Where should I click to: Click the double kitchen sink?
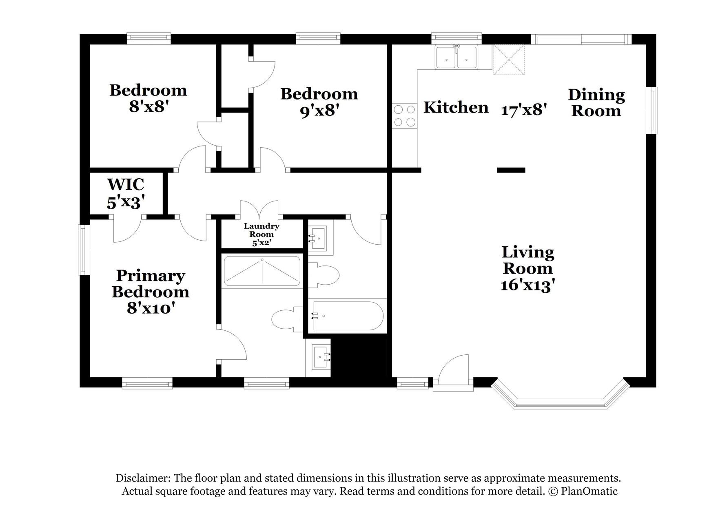[x=457, y=58]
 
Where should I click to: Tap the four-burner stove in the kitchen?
[x=404, y=116]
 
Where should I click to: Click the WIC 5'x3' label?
[x=126, y=193]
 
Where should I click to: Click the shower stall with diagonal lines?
[x=262, y=271]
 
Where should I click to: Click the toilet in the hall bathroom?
[x=324, y=275]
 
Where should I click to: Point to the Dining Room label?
[x=596, y=103]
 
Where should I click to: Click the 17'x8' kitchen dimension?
[x=524, y=110]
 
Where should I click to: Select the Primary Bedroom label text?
[x=151, y=284]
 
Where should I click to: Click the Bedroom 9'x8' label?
[x=319, y=102]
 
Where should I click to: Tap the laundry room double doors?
[x=259, y=210]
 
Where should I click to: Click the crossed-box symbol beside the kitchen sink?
[x=508, y=60]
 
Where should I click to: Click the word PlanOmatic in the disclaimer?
[x=589, y=491]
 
